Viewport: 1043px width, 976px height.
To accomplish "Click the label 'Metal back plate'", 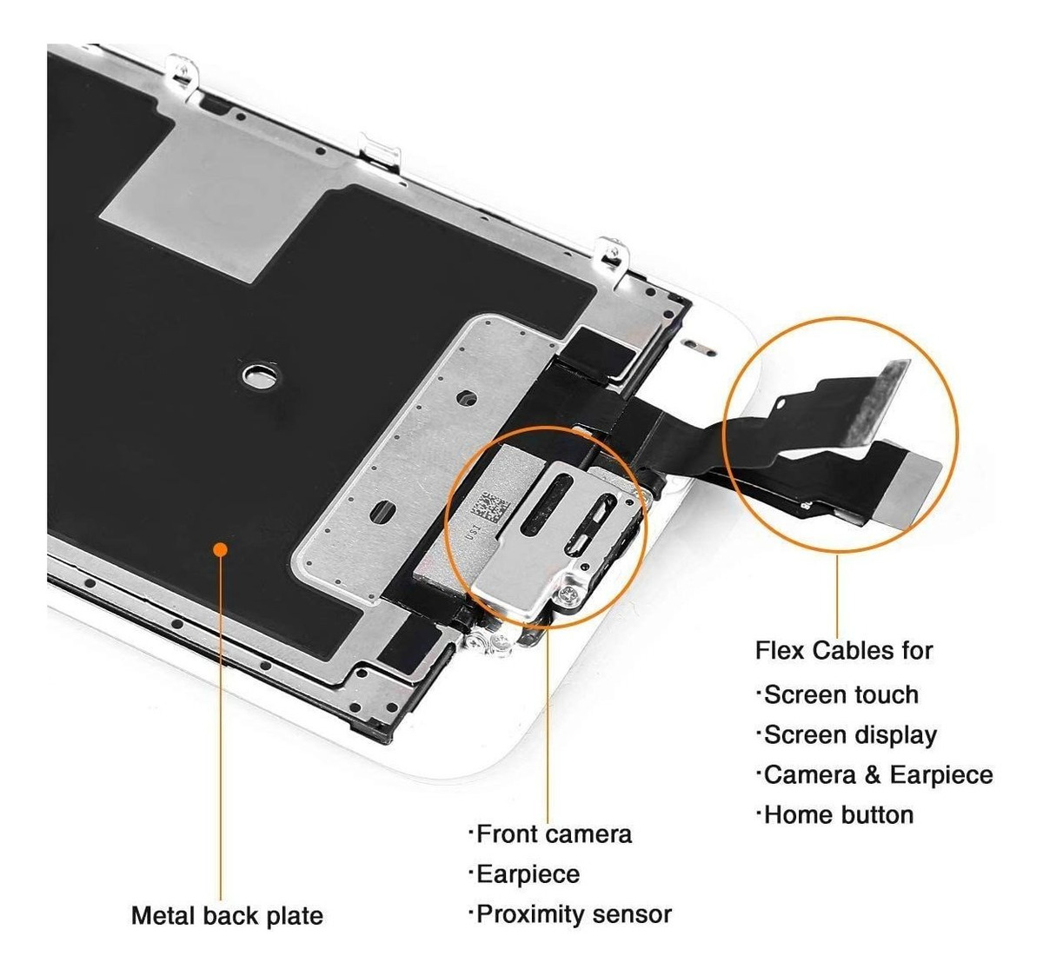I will (x=227, y=915).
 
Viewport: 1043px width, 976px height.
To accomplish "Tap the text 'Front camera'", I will (x=553, y=834).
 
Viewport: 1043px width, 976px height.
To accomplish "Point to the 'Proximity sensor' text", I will (x=573, y=914).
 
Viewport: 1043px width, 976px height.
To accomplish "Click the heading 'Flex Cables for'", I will (x=843, y=650).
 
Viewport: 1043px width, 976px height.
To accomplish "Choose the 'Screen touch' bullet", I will (x=840, y=695).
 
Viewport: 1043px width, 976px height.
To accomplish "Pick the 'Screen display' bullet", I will (x=848, y=735).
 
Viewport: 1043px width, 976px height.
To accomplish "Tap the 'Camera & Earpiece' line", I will (x=876, y=774).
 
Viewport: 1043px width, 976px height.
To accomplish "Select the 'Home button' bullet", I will (x=837, y=815).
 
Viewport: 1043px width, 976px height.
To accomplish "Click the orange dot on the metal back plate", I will (x=221, y=548).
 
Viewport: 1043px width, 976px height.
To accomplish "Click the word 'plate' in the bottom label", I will (x=294, y=915).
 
